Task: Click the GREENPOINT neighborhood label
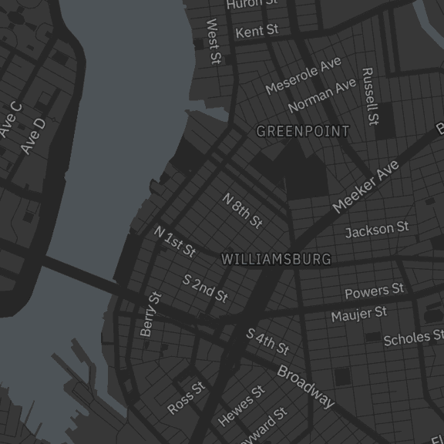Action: click(x=302, y=131)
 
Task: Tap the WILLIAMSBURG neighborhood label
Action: click(x=276, y=260)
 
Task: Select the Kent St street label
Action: click(x=257, y=32)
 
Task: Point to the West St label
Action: click(x=214, y=42)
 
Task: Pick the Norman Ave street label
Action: click(x=321, y=94)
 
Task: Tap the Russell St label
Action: click(x=371, y=96)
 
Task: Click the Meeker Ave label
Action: click(x=365, y=187)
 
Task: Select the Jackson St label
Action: click(x=377, y=230)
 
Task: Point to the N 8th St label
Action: click(x=243, y=210)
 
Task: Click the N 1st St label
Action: click(x=175, y=240)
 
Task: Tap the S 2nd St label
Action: click(x=205, y=287)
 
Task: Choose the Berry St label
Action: click(x=151, y=314)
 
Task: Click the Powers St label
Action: click(x=374, y=291)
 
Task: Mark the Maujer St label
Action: click(x=359, y=314)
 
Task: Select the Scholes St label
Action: click(x=413, y=337)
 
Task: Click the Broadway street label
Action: click(x=306, y=386)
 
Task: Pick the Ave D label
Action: click(x=33, y=135)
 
